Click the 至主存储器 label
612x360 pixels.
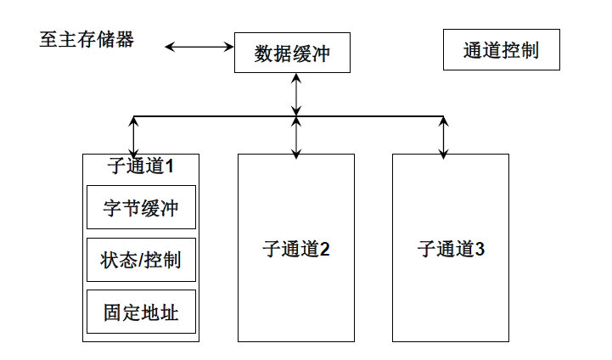[x=87, y=40]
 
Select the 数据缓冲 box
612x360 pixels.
[x=291, y=53]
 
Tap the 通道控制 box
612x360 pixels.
[x=501, y=50]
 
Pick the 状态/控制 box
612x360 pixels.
[x=141, y=260]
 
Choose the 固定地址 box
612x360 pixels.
[x=141, y=312]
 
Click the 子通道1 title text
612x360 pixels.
[x=141, y=166]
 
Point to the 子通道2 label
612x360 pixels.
[x=295, y=250]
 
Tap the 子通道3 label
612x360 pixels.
[x=451, y=250]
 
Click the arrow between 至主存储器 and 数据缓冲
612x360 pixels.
[x=199, y=47]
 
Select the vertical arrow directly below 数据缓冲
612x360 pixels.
[x=295, y=93]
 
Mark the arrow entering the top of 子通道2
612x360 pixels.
[x=295, y=138]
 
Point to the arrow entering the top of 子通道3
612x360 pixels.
[x=443, y=138]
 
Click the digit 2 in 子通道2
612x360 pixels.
[x=324, y=250]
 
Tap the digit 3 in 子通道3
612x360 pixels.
[x=480, y=250]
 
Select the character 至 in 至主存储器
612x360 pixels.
[x=48, y=40]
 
